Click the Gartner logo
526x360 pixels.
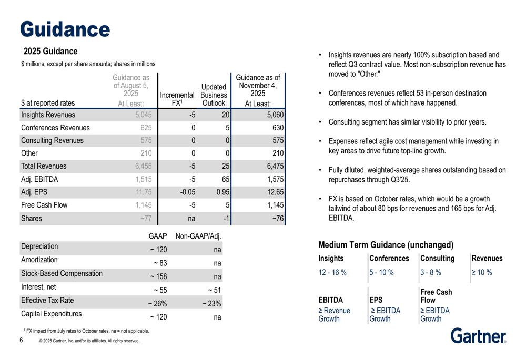point(478,335)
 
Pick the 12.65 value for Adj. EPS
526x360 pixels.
point(275,192)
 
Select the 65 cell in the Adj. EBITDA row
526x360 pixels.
point(225,179)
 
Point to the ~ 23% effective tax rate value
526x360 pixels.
point(211,303)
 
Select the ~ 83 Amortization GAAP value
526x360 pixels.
point(159,263)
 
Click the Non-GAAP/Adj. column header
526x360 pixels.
point(198,236)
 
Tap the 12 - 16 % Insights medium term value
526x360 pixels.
point(332,272)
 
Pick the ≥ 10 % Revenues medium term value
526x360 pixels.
point(482,272)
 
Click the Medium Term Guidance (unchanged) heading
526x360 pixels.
point(386,245)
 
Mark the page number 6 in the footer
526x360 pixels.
point(21,340)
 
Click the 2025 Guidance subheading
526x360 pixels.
point(50,52)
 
